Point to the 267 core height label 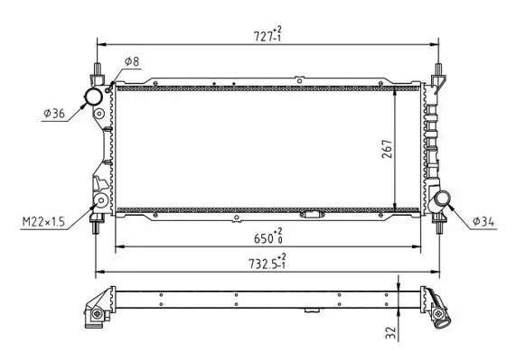click(386, 150)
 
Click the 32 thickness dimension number click(390, 332)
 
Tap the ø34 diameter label click(483, 221)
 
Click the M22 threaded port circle click(102, 200)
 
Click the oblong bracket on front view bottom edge click(313, 215)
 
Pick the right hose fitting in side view click(436, 310)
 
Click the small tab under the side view click(313, 310)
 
